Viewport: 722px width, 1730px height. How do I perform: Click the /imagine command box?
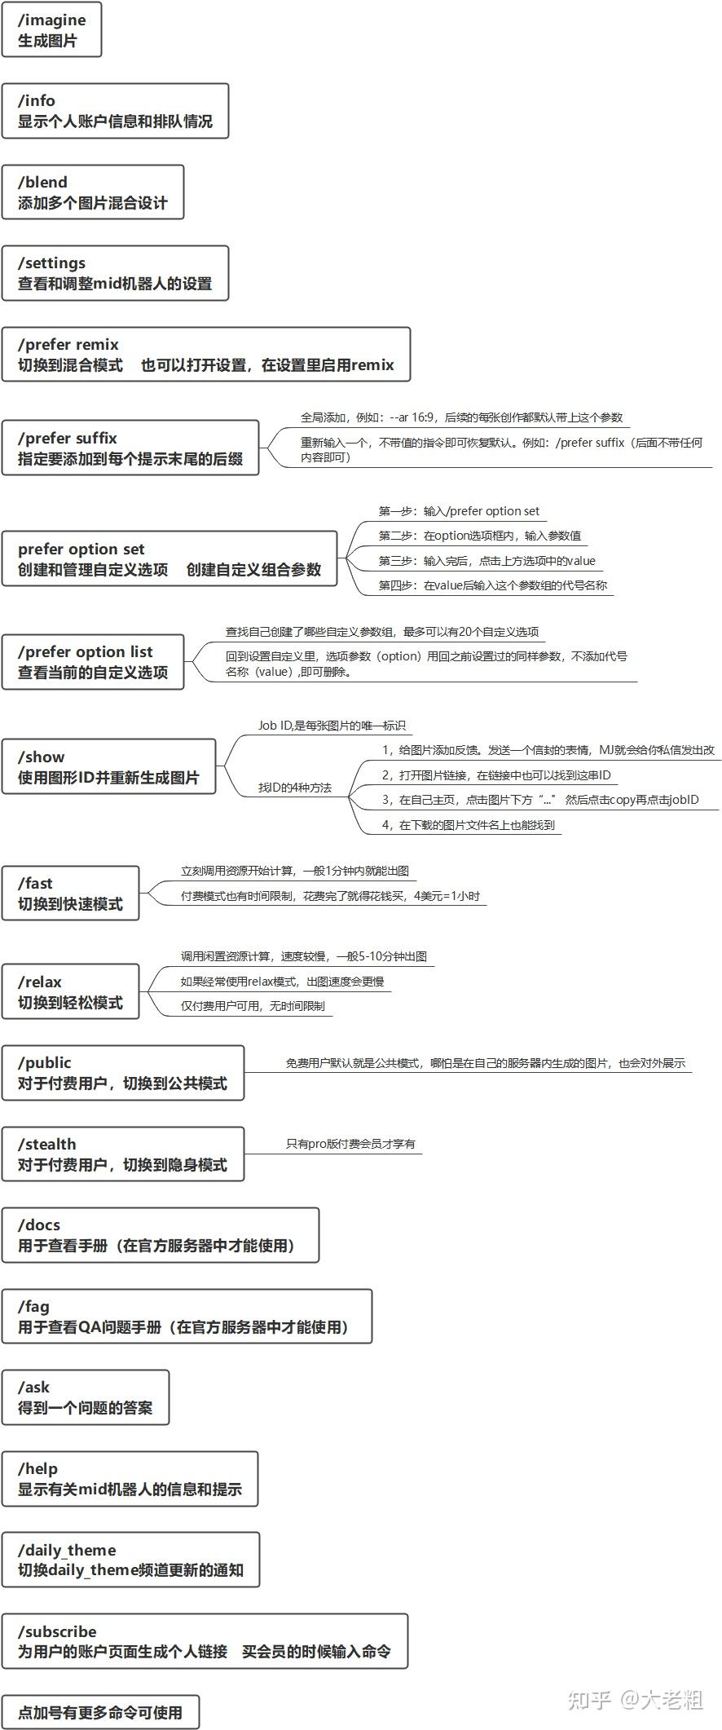[x=51, y=30]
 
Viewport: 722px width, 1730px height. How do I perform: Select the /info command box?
[x=115, y=111]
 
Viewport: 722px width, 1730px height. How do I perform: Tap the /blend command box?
[x=92, y=192]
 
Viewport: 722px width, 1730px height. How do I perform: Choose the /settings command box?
[x=115, y=273]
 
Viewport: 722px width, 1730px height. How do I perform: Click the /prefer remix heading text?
[x=68, y=344]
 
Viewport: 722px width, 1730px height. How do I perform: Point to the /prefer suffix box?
[x=130, y=448]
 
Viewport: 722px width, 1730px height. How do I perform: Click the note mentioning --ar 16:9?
[x=461, y=417]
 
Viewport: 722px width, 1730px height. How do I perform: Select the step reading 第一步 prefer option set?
[x=459, y=511]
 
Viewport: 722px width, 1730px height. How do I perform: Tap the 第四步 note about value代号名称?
[x=493, y=585]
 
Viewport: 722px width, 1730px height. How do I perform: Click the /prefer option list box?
[x=93, y=662]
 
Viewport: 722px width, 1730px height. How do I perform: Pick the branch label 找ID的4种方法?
[x=295, y=788]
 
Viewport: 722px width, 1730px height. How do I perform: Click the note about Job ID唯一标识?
[x=332, y=726]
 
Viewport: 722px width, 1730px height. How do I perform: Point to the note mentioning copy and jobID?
[x=540, y=800]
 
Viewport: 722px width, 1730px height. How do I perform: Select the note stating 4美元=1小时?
[x=330, y=896]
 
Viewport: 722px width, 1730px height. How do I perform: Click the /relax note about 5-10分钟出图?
[x=304, y=956]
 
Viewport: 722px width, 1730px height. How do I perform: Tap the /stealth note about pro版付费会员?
[x=350, y=1144]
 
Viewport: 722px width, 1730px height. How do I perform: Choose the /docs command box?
[x=160, y=1235]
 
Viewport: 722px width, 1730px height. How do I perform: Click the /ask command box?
[x=85, y=1397]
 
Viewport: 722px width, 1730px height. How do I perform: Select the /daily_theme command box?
[x=130, y=1560]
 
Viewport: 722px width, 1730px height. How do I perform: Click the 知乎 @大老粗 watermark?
[x=635, y=1699]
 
